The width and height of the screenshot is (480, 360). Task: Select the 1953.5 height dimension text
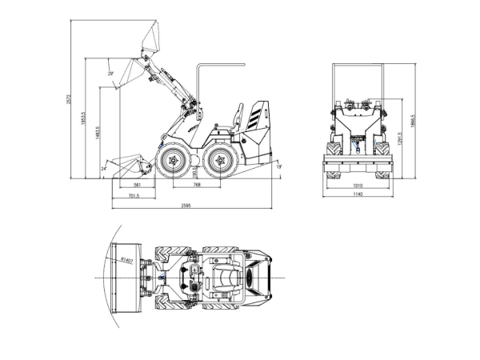click(86, 118)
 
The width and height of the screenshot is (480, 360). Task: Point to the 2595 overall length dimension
click(186, 206)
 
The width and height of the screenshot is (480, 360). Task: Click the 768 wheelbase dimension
click(196, 185)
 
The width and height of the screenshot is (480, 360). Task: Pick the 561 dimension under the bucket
click(138, 185)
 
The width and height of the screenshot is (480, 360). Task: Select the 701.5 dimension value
click(134, 195)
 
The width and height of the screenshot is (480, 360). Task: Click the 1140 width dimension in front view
click(358, 195)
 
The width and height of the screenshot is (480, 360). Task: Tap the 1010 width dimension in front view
click(358, 185)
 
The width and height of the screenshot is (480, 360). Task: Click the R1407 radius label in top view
click(126, 260)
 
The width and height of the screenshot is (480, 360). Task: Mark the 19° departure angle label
click(278, 166)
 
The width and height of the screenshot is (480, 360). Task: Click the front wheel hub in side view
click(170, 163)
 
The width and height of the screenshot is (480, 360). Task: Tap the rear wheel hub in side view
click(221, 163)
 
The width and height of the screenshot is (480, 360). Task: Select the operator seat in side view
click(234, 120)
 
